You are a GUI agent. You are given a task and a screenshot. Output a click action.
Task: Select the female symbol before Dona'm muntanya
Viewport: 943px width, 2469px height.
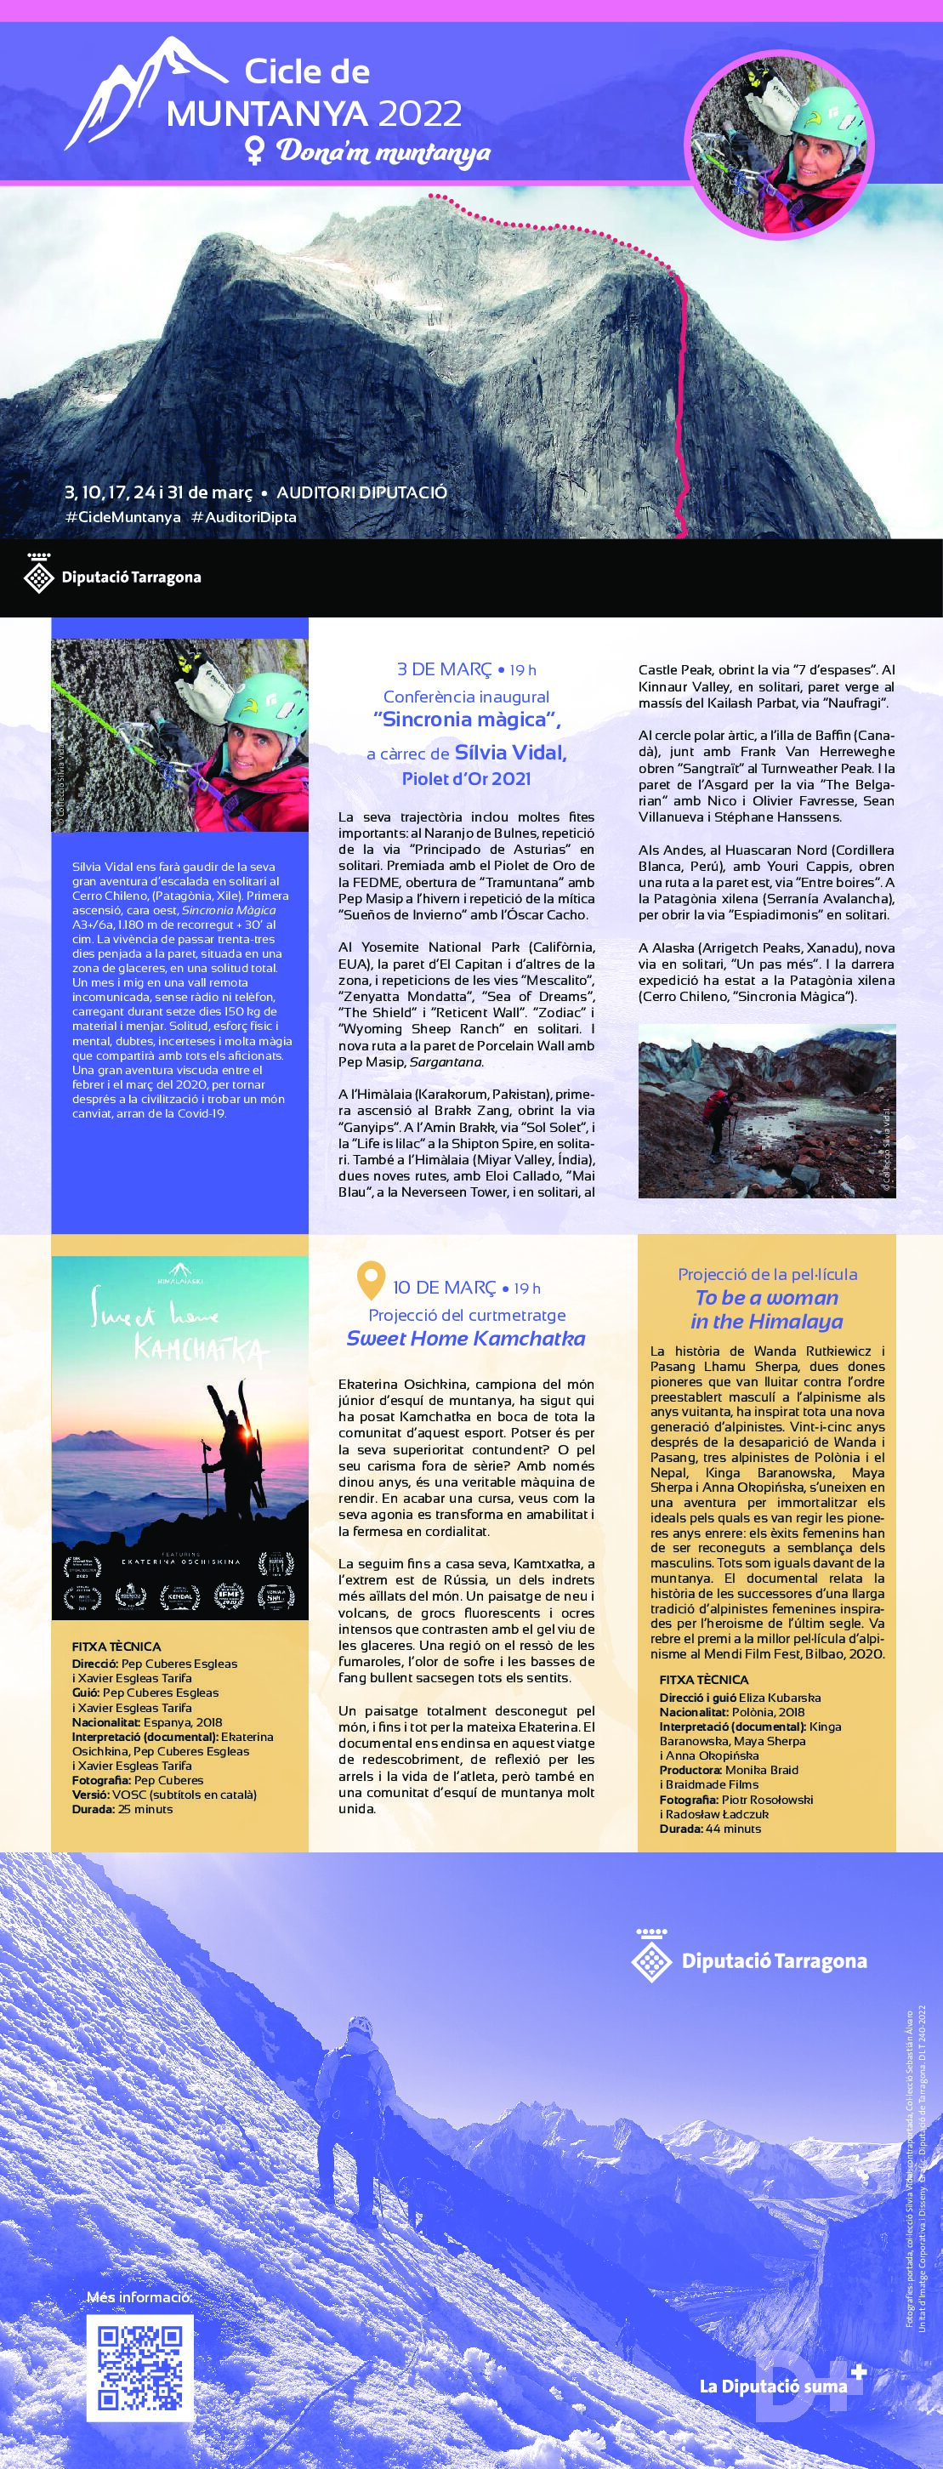(x=256, y=151)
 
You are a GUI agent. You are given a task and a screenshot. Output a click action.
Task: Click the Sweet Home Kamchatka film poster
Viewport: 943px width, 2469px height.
(x=179, y=1437)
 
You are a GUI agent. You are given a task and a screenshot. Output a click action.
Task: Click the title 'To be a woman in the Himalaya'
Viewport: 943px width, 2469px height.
(x=767, y=1309)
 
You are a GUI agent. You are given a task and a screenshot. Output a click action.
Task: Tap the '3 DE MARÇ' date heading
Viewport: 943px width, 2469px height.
(x=444, y=669)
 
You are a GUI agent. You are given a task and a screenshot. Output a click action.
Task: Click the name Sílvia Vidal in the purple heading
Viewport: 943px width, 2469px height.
(x=510, y=753)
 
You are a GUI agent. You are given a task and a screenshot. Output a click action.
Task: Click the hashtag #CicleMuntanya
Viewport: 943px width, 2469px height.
(x=122, y=516)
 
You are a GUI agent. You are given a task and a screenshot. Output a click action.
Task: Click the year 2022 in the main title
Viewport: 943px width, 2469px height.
(x=420, y=115)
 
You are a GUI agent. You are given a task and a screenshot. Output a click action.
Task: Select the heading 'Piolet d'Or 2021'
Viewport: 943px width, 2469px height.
(x=466, y=778)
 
